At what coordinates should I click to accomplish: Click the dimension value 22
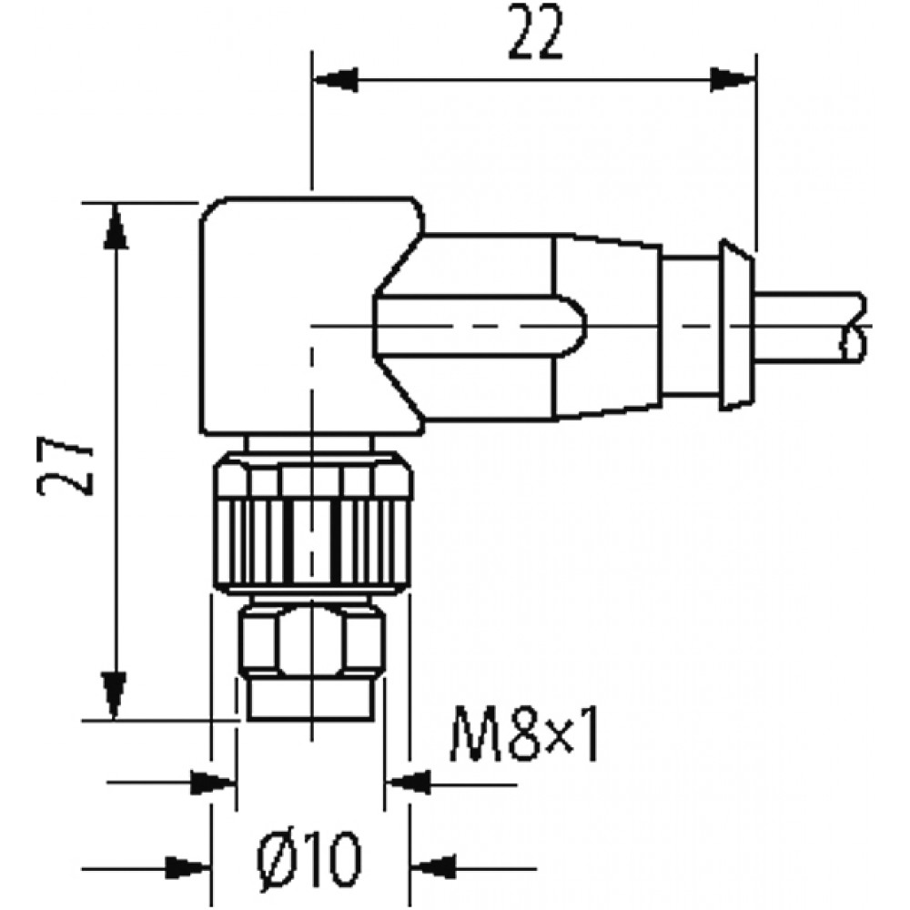point(536,33)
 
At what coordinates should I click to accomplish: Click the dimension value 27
point(66,468)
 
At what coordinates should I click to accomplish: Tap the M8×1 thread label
point(523,733)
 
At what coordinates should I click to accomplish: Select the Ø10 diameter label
point(309,859)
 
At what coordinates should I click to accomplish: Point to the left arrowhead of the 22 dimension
point(335,79)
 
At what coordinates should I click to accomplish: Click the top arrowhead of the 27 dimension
point(116,227)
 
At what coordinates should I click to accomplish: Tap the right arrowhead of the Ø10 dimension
point(432,868)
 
